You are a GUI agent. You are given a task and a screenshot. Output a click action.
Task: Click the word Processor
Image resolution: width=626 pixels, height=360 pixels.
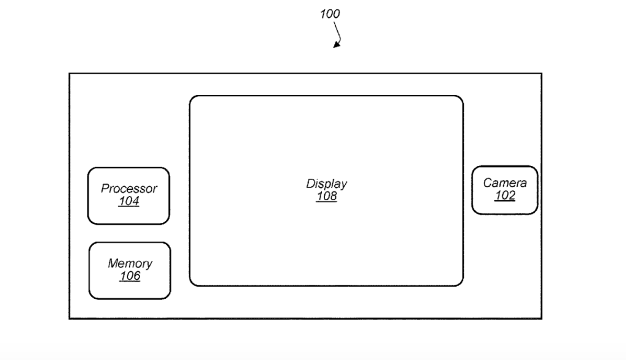129,189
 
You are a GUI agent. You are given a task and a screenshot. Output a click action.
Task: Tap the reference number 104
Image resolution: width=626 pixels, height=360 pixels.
129,201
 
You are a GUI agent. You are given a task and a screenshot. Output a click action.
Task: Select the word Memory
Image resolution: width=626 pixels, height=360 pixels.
130,263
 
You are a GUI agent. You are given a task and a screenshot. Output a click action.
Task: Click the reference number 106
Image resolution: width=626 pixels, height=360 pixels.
130,276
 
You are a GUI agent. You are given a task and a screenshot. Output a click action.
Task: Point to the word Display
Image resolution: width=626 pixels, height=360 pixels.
327,184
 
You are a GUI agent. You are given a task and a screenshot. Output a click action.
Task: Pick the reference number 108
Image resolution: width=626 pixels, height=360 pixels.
327,197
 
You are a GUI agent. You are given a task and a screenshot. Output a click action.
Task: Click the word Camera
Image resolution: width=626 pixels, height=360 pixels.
505,182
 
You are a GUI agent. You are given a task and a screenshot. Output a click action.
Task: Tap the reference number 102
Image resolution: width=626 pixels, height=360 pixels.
505,195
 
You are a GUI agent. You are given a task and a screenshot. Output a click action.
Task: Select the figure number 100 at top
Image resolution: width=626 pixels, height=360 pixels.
330,13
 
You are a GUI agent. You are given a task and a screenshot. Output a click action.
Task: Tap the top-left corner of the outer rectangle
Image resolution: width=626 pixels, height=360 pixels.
69,74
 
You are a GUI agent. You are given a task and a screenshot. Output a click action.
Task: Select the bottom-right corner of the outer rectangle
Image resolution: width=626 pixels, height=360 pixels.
541,318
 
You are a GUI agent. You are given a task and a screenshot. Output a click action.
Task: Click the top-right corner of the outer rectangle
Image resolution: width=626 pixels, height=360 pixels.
541,74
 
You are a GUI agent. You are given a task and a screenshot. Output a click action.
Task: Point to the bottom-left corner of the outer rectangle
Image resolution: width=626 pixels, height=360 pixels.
69,318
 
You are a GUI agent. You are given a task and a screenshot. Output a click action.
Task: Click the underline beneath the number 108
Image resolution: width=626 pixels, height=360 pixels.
327,202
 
